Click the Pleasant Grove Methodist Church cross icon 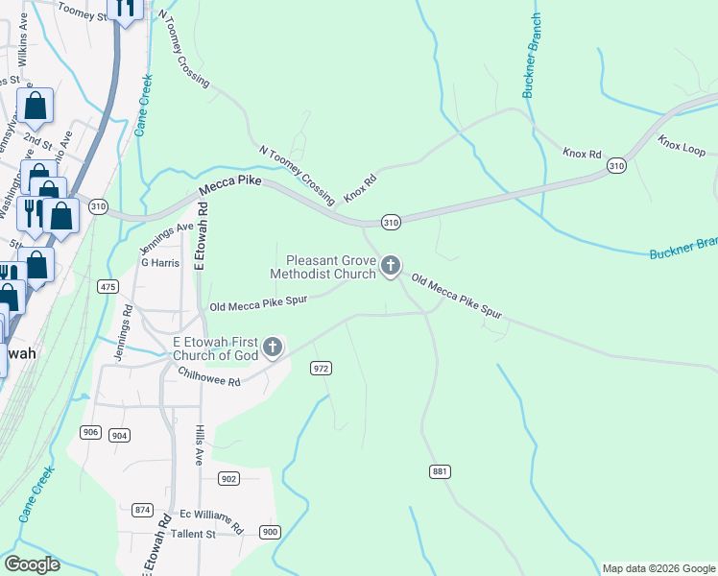[390, 266]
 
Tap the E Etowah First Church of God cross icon [273, 347]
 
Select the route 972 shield [322, 369]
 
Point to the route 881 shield [440, 471]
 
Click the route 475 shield [108, 287]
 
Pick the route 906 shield [90, 432]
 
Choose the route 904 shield [119, 435]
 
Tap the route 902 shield [228, 478]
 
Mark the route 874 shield [143, 510]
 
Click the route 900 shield [270, 532]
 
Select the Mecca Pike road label [230, 184]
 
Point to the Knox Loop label [682, 147]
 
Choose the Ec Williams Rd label [211, 519]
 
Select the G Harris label [160, 262]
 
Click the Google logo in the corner [32, 564]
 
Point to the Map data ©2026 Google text [658, 568]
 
